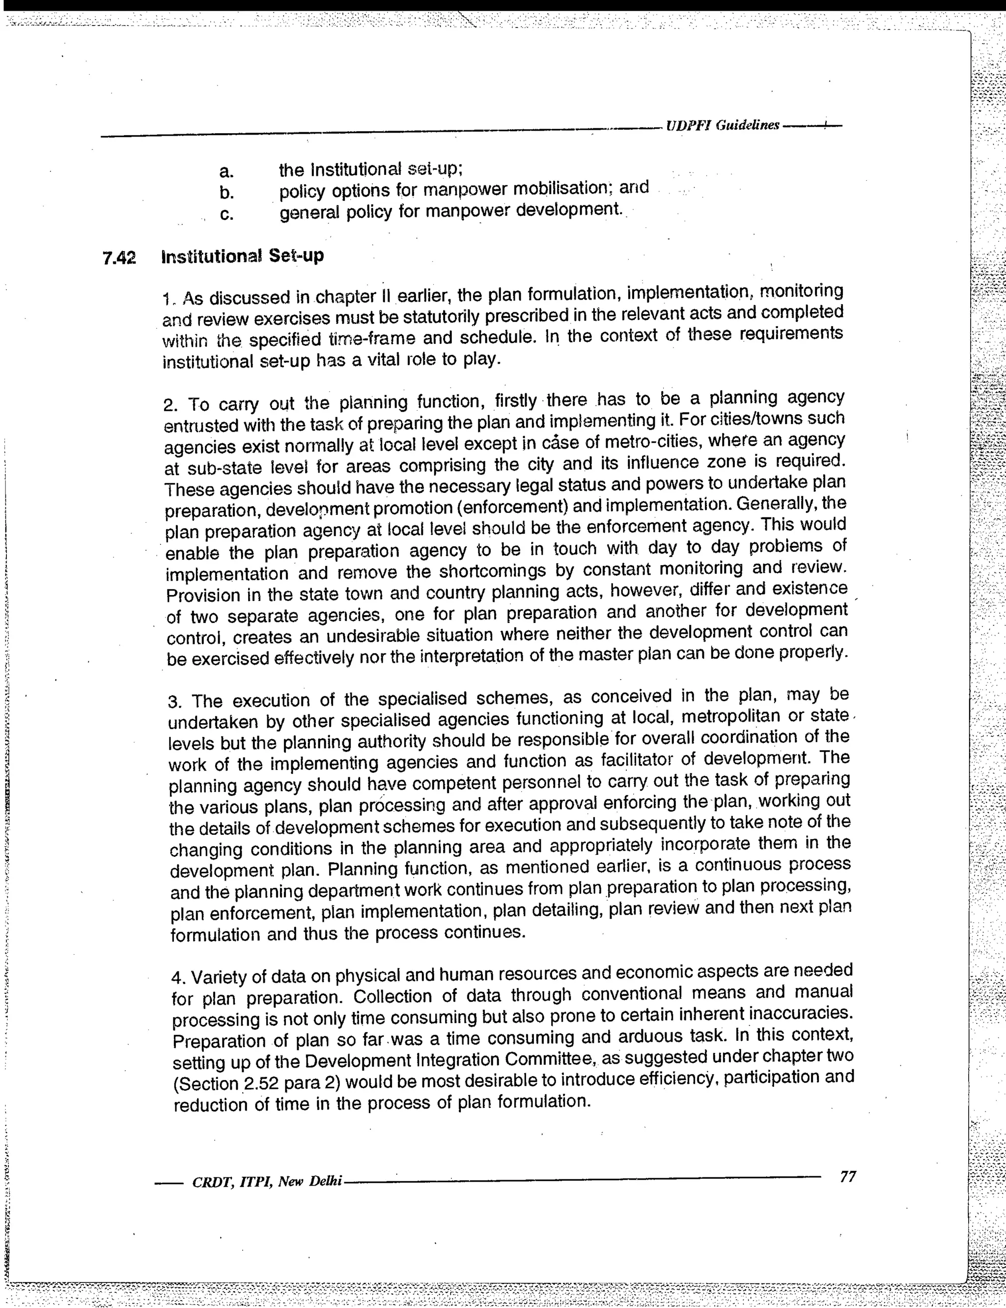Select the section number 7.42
pyautogui.click(x=119, y=258)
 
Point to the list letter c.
pyautogui.click(x=226, y=214)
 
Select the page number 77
pyautogui.click(x=847, y=1177)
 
